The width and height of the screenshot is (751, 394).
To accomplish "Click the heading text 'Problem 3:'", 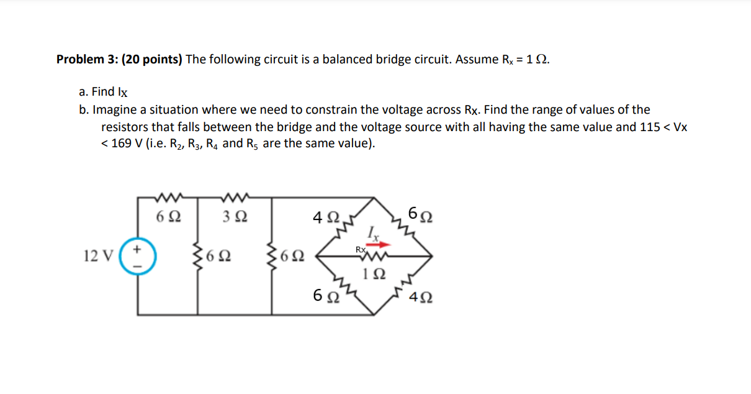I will pyautogui.click(x=86, y=60).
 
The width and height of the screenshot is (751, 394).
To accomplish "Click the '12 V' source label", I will pyautogui.click(x=97, y=255).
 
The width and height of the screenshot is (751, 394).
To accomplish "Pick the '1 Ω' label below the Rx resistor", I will pyautogui.click(x=377, y=273).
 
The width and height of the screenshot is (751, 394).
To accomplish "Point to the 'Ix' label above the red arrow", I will pyautogui.click(x=372, y=233).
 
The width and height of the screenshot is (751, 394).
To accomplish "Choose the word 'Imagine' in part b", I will pyautogui.click(x=114, y=110).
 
